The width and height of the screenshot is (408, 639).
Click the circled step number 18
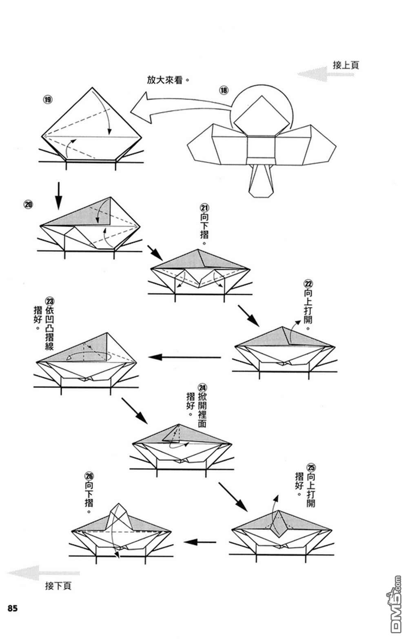point(224,90)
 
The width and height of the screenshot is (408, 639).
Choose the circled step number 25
point(311,467)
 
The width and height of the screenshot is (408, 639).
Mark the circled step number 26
point(89,475)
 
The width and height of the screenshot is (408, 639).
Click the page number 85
point(12,608)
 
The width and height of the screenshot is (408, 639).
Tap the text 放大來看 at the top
point(166,80)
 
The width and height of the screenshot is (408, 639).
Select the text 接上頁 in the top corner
point(346,65)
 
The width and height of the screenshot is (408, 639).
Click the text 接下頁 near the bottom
point(58,586)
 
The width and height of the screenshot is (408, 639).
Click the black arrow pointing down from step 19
point(59,195)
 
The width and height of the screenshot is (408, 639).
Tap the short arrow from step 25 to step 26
point(200,542)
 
